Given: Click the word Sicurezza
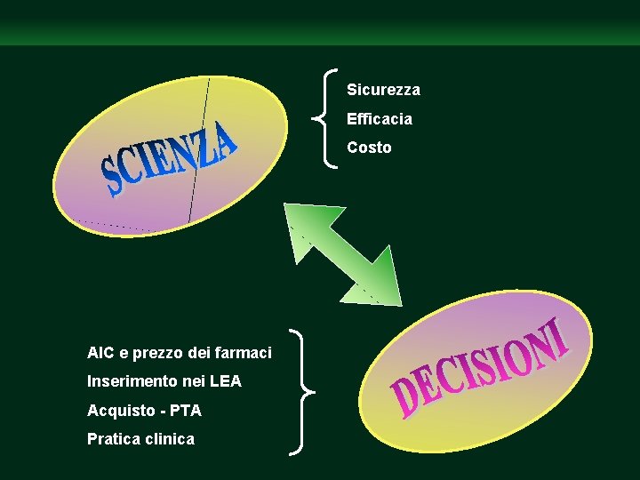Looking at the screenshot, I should coord(383,90).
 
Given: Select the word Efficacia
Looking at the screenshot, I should coord(379,118).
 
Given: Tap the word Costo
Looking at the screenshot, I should coord(369,148).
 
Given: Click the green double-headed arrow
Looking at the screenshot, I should coord(342,254).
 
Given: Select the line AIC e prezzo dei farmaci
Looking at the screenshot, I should coord(179,353).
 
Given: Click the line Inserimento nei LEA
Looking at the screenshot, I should coord(164,381).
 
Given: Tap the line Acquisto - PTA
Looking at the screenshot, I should coord(144,410).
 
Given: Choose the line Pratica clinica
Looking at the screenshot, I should coord(140,438).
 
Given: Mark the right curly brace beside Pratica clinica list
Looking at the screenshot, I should coord(304,392).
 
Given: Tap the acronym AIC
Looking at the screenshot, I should coord(100,353).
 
